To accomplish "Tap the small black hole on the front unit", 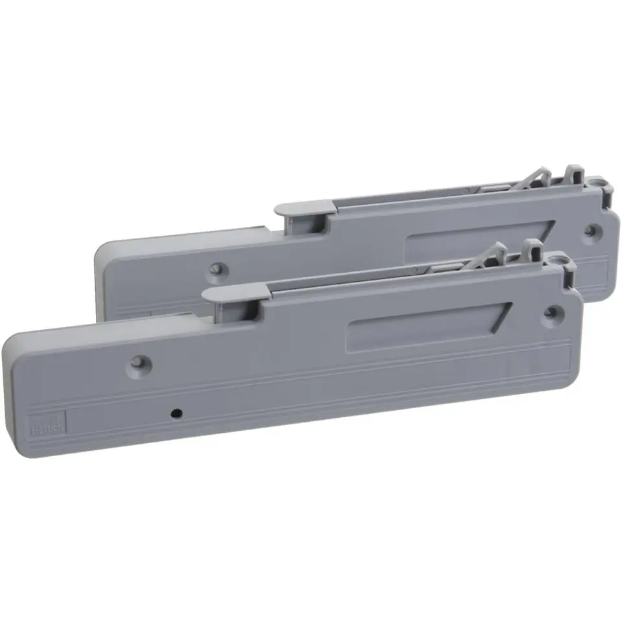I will coord(176,412).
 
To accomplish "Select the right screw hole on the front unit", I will coord(551,312).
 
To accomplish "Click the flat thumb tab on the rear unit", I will coord(303,207).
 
